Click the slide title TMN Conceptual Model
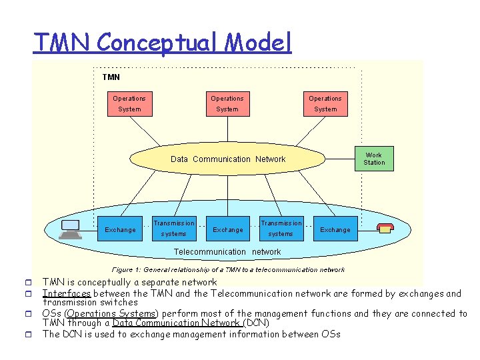coord(162,43)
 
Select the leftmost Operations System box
coord(129,103)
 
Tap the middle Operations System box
coord(227,103)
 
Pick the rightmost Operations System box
coord(325,103)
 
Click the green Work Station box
coord(373,159)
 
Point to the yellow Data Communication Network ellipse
coord(227,159)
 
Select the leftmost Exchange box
coord(120,229)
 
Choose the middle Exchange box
coord(227,229)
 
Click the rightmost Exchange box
coord(335,229)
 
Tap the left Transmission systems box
coord(174,229)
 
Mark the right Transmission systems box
coord(281,229)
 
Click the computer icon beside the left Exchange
coord(69,229)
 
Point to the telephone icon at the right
coord(385,229)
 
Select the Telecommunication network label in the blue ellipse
coord(227,252)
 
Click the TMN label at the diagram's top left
coord(111,77)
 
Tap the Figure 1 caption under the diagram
coord(228,269)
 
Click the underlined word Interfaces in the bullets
coord(67,293)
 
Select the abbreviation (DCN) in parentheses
coord(256,323)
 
